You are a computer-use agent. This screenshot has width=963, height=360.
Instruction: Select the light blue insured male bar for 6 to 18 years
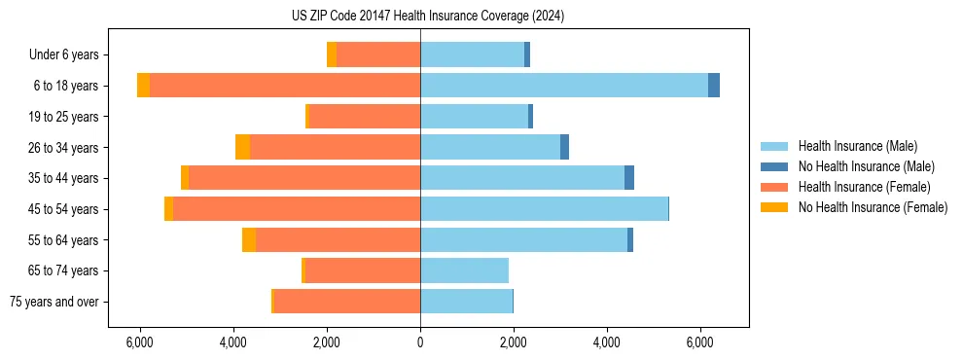(x=564, y=86)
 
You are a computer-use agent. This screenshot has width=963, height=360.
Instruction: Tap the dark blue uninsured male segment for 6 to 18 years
(x=714, y=86)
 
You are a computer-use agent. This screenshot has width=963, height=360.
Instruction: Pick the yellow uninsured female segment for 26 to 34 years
(x=242, y=147)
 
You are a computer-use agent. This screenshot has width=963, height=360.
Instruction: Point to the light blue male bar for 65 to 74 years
(x=464, y=270)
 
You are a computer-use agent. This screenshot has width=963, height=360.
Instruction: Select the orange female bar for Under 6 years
(x=378, y=54)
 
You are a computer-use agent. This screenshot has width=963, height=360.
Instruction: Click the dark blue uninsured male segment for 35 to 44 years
(x=629, y=178)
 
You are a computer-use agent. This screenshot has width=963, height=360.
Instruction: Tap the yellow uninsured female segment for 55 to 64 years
(x=249, y=240)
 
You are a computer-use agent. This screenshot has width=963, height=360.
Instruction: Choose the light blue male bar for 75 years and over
(x=466, y=302)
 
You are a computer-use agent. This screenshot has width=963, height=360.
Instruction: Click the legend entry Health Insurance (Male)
(x=856, y=146)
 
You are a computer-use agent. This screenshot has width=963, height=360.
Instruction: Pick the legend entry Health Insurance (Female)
(x=864, y=187)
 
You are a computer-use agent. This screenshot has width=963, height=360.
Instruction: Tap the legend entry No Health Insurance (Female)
(x=873, y=207)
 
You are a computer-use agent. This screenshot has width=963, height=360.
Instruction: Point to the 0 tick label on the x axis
(x=420, y=342)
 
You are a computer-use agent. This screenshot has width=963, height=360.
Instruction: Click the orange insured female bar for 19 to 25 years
(x=364, y=117)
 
